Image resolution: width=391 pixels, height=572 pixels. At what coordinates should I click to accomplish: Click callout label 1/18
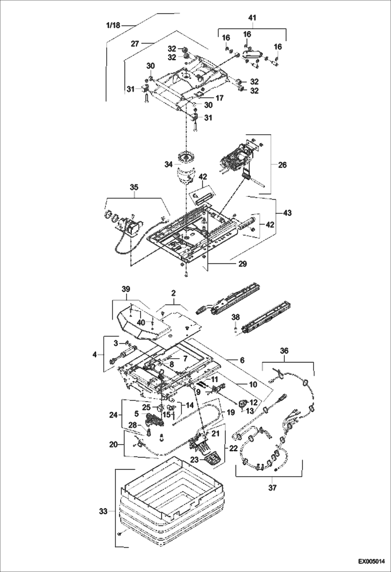click(x=113, y=25)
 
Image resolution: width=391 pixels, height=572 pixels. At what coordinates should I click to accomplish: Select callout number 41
click(x=252, y=18)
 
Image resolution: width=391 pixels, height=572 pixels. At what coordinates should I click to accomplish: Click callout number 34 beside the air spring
click(x=169, y=165)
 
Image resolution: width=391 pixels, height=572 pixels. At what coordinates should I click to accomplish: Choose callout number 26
click(x=282, y=165)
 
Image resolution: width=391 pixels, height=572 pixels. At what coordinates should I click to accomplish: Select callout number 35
click(x=134, y=187)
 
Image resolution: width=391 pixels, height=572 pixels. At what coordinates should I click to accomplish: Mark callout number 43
click(x=287, y=213)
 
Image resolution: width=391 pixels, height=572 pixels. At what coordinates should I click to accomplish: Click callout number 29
click(x=242, y=264)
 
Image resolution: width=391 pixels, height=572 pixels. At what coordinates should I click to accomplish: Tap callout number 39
click(x=126, y=289)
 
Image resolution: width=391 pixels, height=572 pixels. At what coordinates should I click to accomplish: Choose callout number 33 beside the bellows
click(x=103, y=512)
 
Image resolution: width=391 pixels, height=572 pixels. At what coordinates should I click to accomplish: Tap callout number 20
click(x=113, y=445)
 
